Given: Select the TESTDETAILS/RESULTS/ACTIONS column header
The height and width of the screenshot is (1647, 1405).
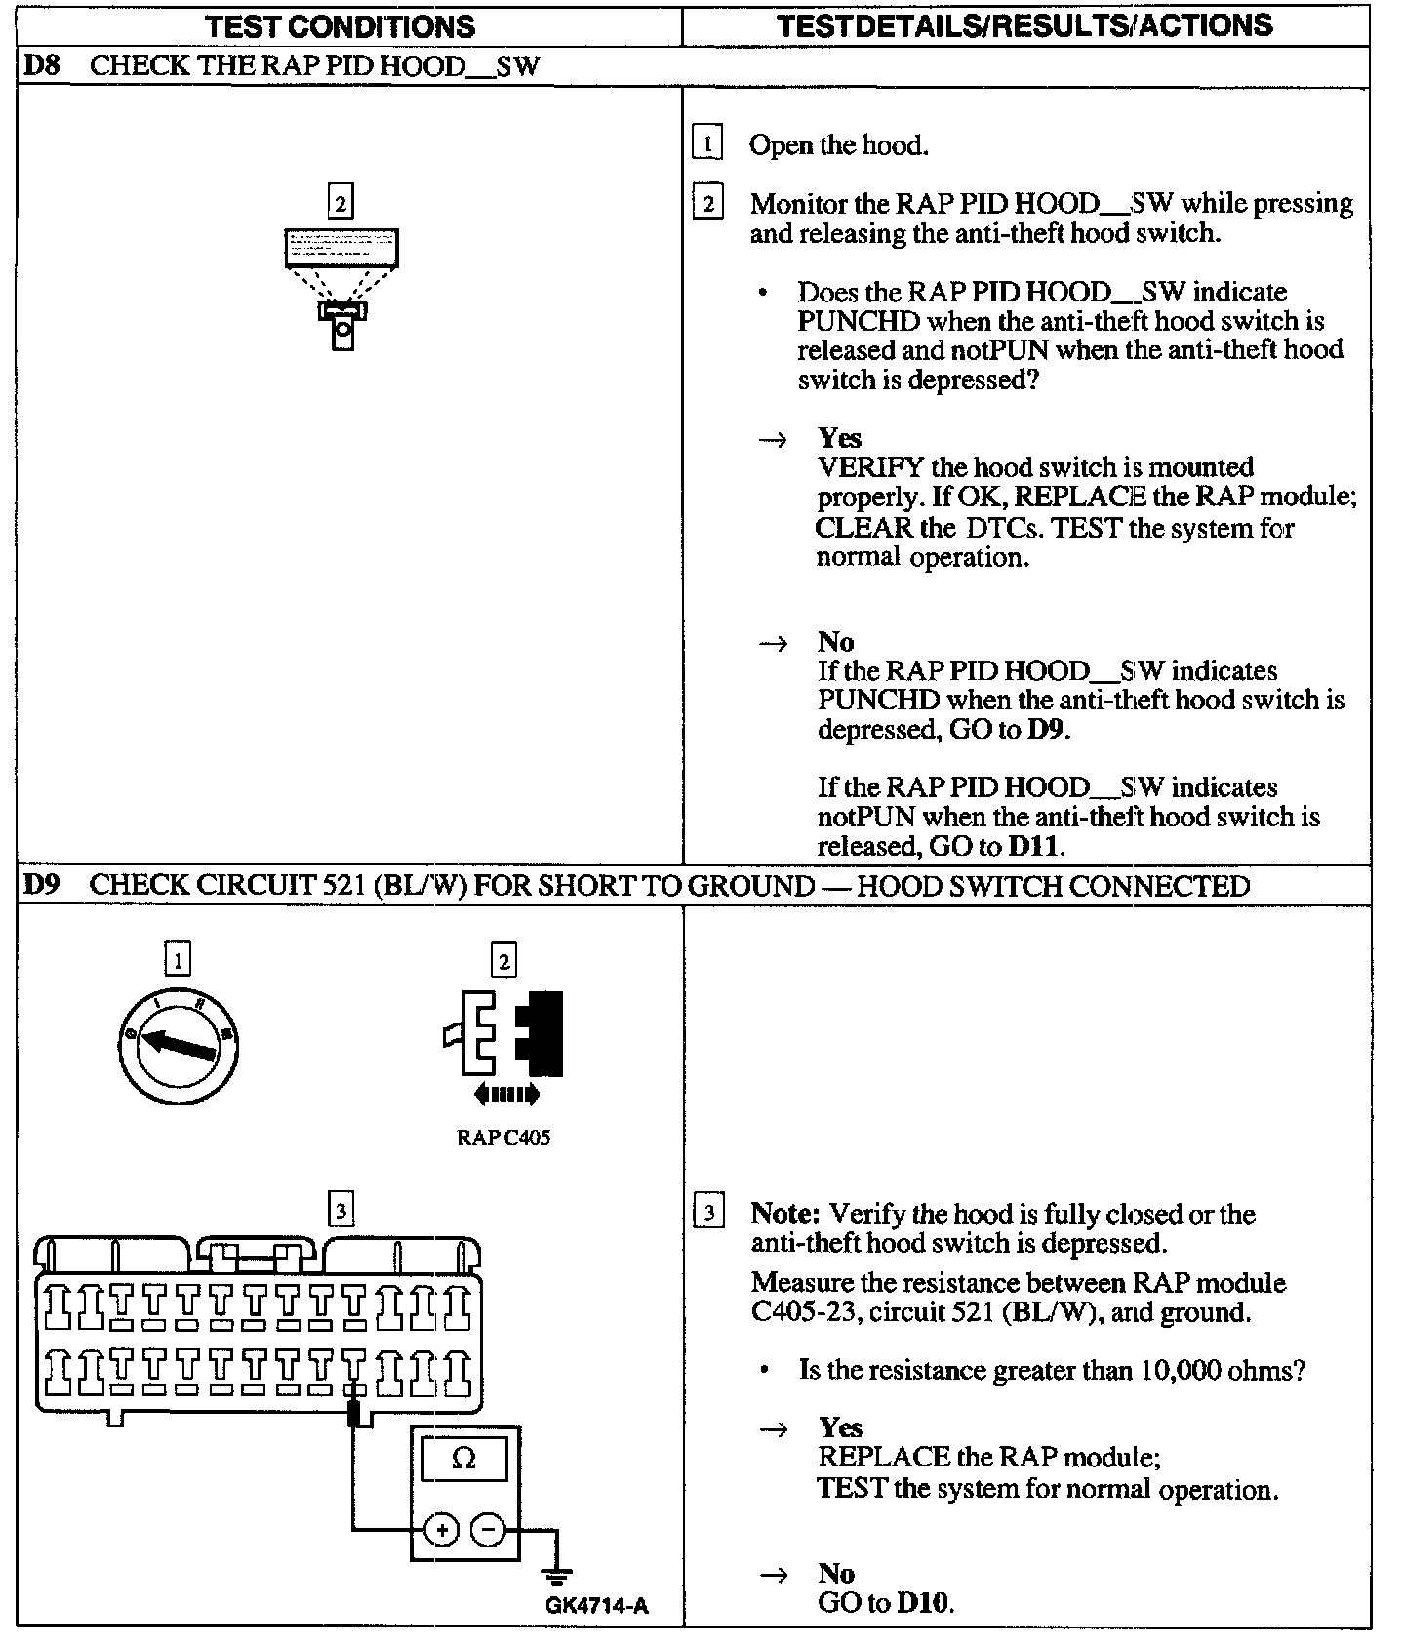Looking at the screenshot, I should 1024,24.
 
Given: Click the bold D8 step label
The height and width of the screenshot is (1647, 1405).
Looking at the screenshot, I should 42,66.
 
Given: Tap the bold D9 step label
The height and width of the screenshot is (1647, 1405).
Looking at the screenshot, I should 42,886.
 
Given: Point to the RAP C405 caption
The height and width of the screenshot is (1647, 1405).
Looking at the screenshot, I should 502,1138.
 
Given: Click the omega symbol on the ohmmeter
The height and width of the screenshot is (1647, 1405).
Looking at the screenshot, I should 464,1460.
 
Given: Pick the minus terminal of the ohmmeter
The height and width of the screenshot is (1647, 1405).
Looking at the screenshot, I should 488,1530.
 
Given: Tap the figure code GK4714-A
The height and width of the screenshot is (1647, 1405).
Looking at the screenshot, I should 597,1605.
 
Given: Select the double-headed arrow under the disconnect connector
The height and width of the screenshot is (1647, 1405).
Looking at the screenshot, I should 505,1095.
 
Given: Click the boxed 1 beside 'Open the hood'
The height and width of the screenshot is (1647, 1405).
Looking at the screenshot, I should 706,144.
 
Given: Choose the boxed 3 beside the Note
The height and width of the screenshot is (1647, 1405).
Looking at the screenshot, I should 708,1214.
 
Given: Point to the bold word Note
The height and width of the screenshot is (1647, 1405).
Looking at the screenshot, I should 783,1214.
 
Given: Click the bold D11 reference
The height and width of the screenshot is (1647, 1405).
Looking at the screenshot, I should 1032,846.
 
